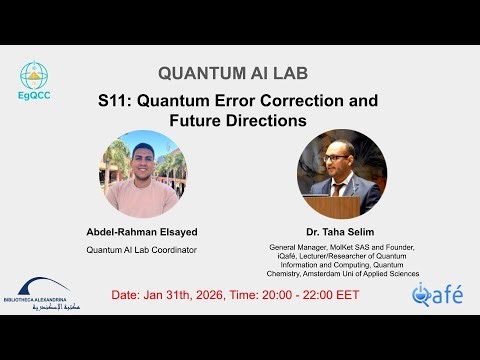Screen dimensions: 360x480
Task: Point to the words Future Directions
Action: pyautogui.click(x=239, y=120)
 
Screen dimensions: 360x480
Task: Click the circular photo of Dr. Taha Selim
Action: pyautogui.click(x=342, y=174)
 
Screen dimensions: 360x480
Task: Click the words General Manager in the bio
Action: pyautogui.click(x=298, y=247)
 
